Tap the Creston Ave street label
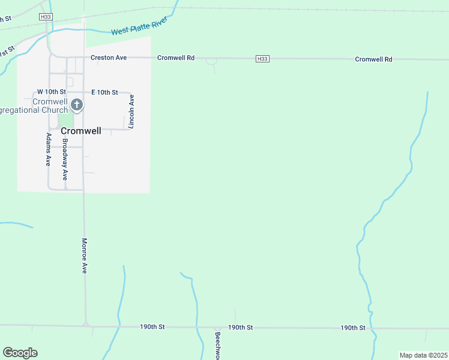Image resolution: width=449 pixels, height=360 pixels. (x=109, y=58)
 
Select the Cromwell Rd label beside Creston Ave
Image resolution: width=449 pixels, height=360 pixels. (x=176, y=58)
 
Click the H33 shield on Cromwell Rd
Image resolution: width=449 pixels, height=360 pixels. (x=262, y=59)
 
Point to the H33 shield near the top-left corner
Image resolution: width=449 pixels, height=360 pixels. (x=46, y=17)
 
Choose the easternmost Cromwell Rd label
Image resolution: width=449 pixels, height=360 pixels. (x=373, y=59)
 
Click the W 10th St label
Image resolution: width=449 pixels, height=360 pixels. (x=51, y=92)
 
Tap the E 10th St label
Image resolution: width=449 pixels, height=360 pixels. (x=104, y=92)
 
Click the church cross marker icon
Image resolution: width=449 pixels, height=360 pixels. (x=76, y=105)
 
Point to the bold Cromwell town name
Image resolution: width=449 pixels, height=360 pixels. (x=80, y=130)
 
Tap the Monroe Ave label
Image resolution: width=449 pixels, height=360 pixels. (x=85, y=255)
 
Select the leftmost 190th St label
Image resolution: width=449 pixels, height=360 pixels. (x=152, y=327)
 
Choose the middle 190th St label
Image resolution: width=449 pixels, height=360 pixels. (x=240, y=327)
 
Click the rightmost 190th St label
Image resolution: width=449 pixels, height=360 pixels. (x=353, y=328)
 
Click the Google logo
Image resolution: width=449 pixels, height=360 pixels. (x=20, y=353)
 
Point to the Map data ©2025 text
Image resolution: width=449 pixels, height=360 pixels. (x=423, y=355)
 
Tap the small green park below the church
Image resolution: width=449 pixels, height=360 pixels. (x=65, y=120)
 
